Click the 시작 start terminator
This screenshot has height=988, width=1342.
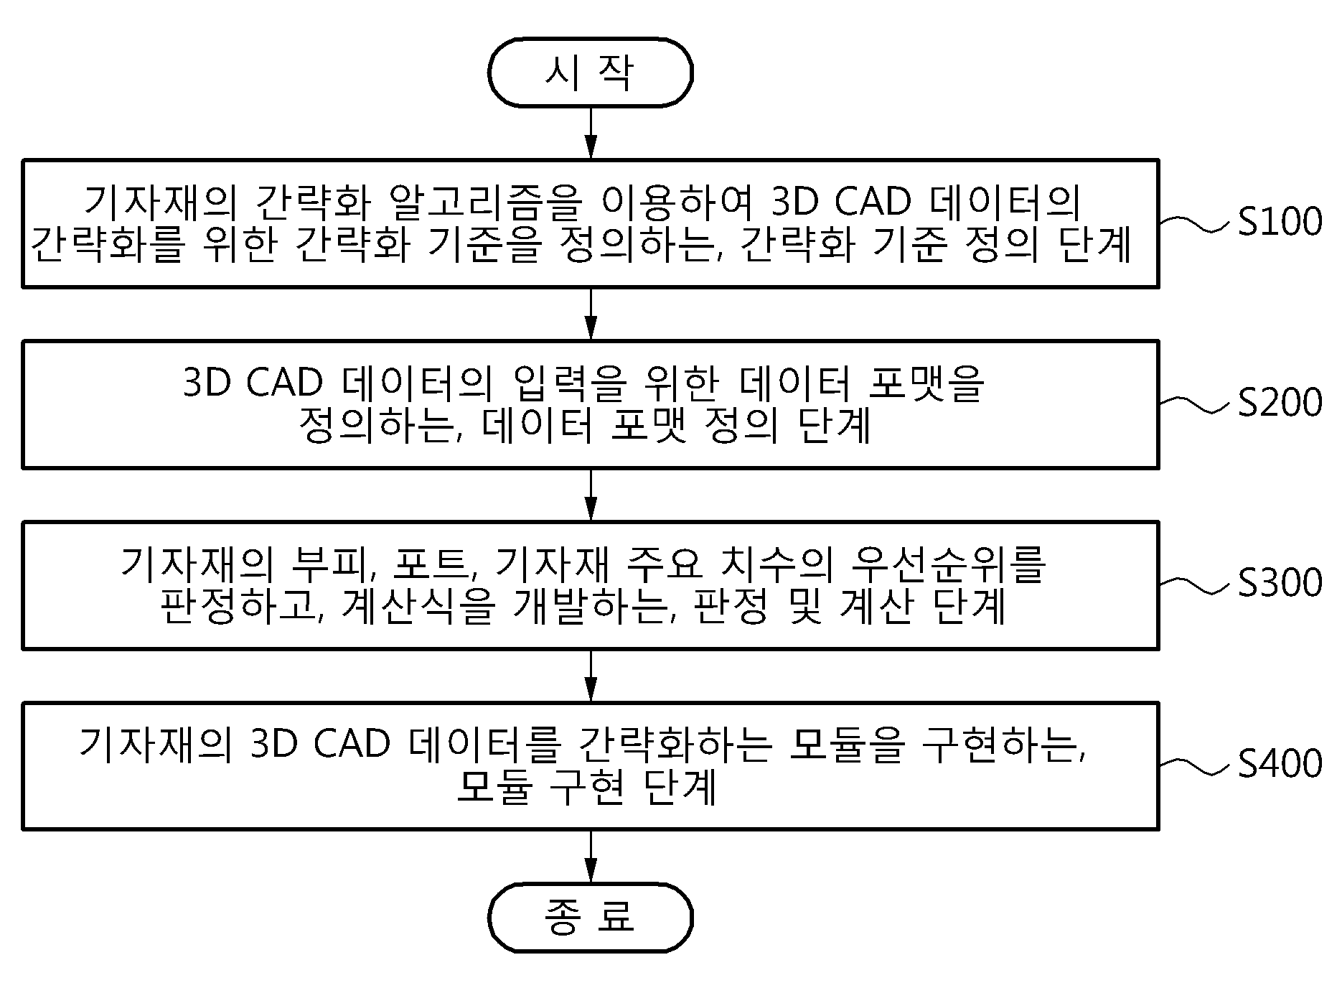(590, 73)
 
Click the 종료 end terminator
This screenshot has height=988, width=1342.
(590, 918)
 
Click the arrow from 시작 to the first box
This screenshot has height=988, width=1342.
(590, 134)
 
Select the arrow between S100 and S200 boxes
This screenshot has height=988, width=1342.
(590, 314)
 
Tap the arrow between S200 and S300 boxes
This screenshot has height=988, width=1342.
(590, 495)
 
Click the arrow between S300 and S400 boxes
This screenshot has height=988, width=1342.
(590, 676)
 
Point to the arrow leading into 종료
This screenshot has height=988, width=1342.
(590, 857)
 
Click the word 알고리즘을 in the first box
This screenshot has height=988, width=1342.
(482, 202)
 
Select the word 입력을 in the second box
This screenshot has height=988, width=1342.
(567, 383)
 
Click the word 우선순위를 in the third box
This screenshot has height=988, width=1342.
(947, 564)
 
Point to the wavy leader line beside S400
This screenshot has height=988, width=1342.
(1198, 767)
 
